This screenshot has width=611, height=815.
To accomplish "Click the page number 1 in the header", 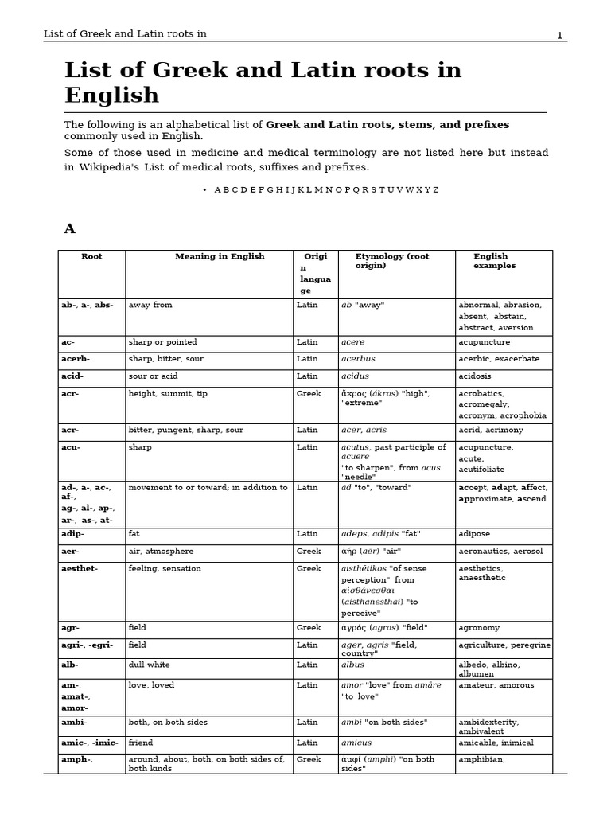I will pyautogui.click(x=559, y=35).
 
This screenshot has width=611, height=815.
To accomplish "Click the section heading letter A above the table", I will pyautogui.click(x=69, y=229).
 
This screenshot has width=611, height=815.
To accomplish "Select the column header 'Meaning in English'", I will pyautogui.click(x=220, y=257).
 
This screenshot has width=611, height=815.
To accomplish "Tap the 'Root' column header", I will pyautogui.click(x=91, y=257).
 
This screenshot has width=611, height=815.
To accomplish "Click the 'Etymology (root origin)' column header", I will pyautogui.click(x=392, y=261).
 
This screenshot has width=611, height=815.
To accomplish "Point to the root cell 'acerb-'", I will pyautogui.click(x=76, y=360).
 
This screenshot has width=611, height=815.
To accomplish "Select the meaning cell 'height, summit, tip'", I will pyautogui.click(x=167, y=394).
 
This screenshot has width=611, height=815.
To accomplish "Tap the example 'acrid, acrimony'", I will pyautogui.click(x=491, y=431).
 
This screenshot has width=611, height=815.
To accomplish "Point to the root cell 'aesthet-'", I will pyautogui.click(x=80, y=569).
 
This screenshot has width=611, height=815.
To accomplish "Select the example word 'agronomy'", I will pyautogui.click(x=480, y=628).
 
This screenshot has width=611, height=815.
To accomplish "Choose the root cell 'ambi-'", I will pyautogui.click(x=74, y=723).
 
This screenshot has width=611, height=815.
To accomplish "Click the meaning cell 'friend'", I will pyautogui.click(x=141, y=743).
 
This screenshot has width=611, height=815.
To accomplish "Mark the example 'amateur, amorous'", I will pyautogui.click(x=496, y=685).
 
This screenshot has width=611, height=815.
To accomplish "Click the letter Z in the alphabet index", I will pyautogui.click(x=435, y=190).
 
